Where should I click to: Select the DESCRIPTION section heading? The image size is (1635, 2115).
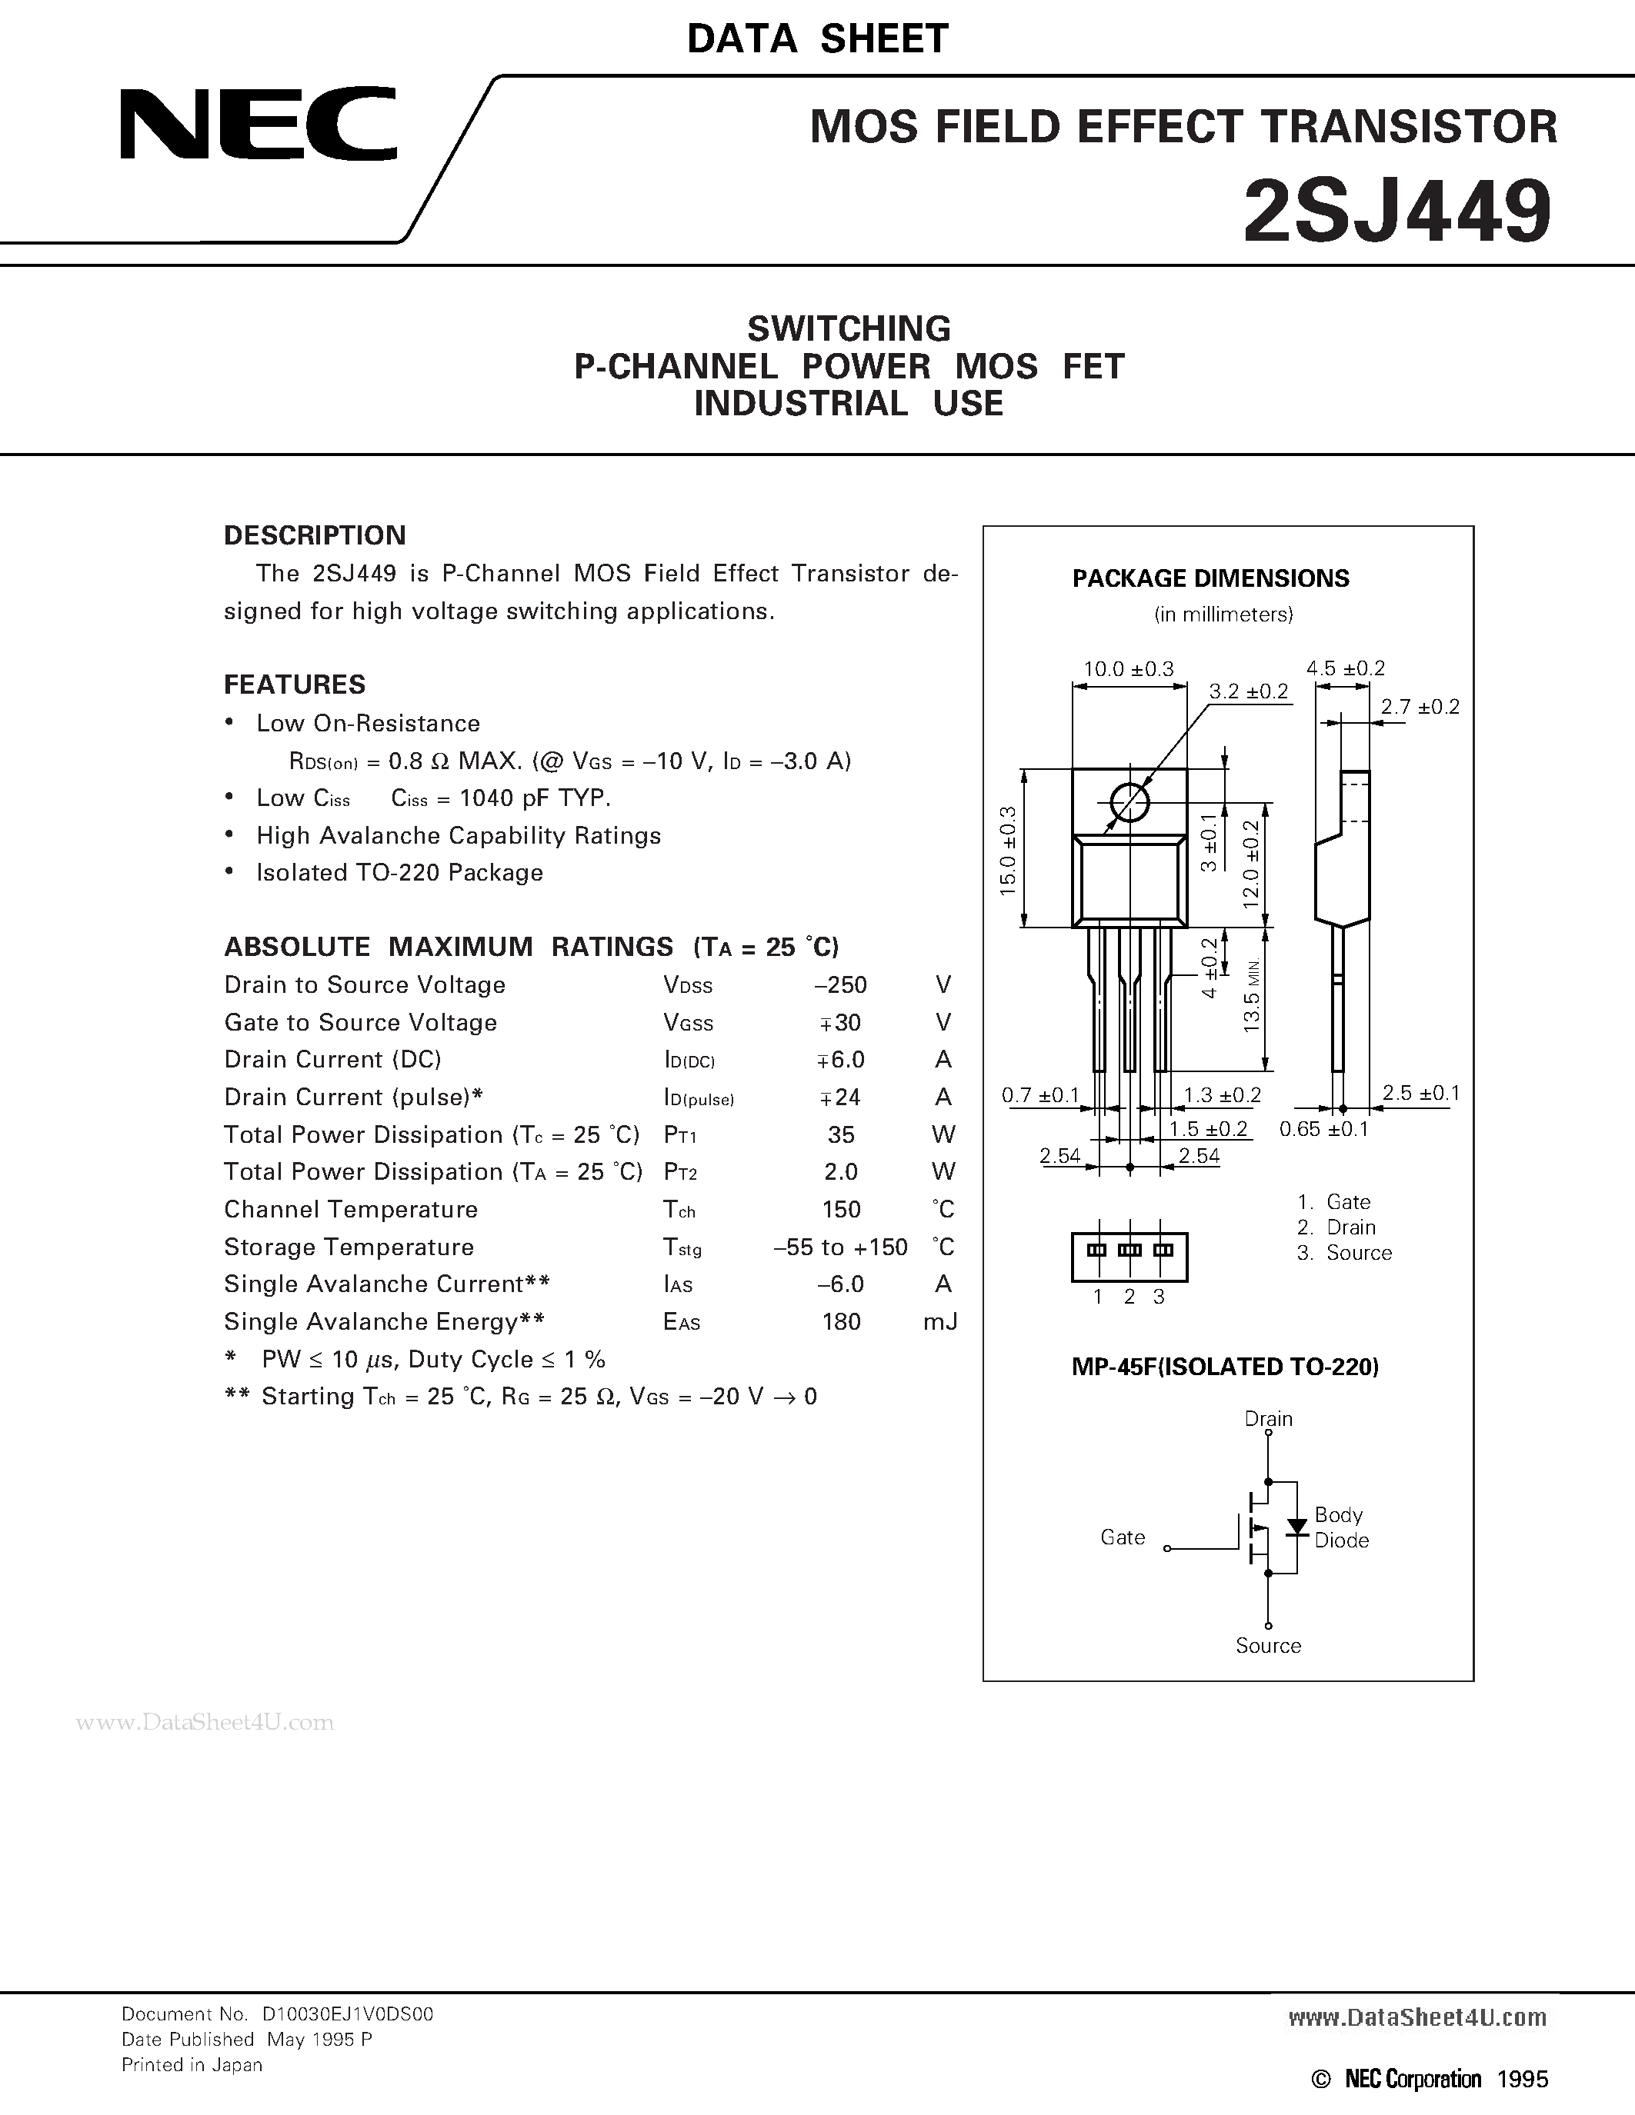[x=315, y=535]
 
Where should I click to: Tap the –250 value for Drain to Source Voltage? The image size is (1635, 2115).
[x=841, y=985]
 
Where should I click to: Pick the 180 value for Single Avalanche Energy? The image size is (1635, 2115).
[x=841, y=1322]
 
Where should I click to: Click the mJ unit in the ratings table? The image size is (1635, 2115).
[x=940, y=1322]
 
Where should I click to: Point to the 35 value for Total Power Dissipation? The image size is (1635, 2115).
[x=841, y=1135]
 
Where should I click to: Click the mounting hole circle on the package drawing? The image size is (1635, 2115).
[x=1129, y=803]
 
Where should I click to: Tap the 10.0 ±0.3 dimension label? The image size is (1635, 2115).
[x=1129, y=669]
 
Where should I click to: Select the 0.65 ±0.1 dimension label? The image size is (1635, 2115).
[x=1323, y=1129]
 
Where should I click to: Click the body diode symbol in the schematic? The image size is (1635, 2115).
[x=1296, y=1527]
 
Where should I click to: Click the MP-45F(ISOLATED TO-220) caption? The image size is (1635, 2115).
[x=1225, y=1367]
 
